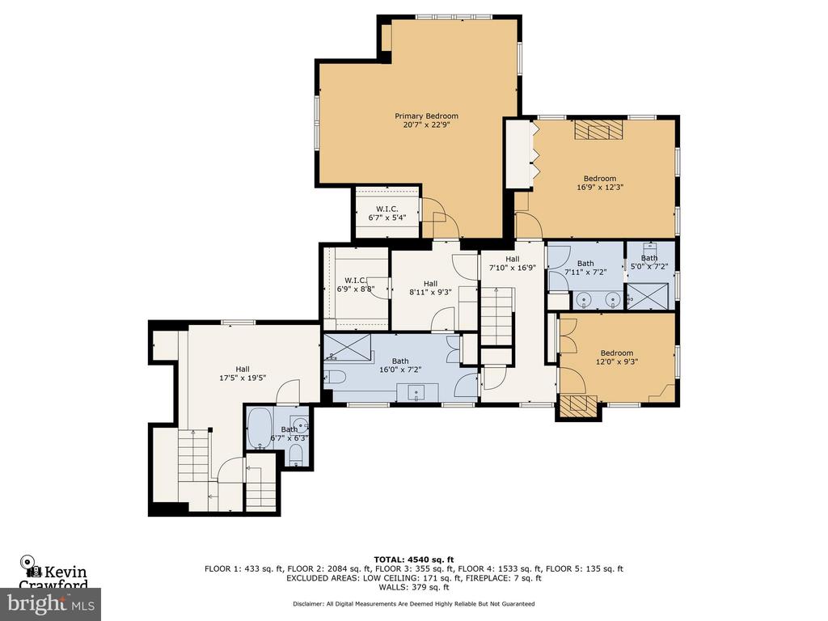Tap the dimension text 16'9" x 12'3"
[x=599, y=187]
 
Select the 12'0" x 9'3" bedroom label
[x=617, y=357]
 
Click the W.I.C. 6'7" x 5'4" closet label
[x=387, y=213]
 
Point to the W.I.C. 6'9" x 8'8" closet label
[x=356, y=285]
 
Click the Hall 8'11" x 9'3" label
[x=430, y=288]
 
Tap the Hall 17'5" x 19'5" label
[x=243, y=374]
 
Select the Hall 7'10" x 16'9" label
[x=512, y=263]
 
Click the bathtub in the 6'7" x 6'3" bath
[x=260, y=429]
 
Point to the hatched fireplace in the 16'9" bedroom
[x=599, y=129]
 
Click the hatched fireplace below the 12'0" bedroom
[x=579, y=406]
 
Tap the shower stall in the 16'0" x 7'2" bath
[x=347, y=348]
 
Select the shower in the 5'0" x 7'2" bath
[x=647, y=296]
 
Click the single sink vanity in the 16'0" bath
[x=418, y=393]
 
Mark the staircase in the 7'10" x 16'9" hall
[x=497, y=316]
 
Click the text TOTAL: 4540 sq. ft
[x=414, y=560]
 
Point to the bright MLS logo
[x=51, y=604]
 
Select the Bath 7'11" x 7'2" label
[x=585, y=268]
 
